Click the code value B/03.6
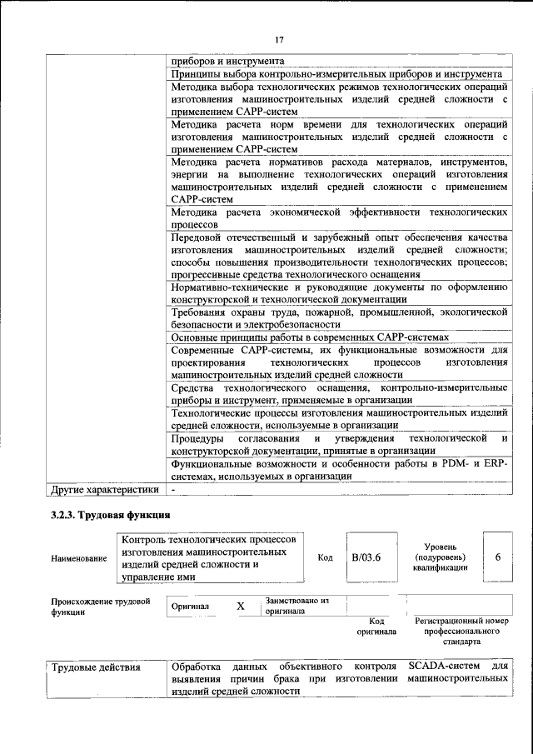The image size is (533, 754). coord(365,557)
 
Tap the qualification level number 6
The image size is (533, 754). coord(498,557)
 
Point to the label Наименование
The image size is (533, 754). coord(79,558)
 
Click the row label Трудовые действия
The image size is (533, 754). coord(96,667)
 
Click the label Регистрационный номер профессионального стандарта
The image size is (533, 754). coord(461,632)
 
